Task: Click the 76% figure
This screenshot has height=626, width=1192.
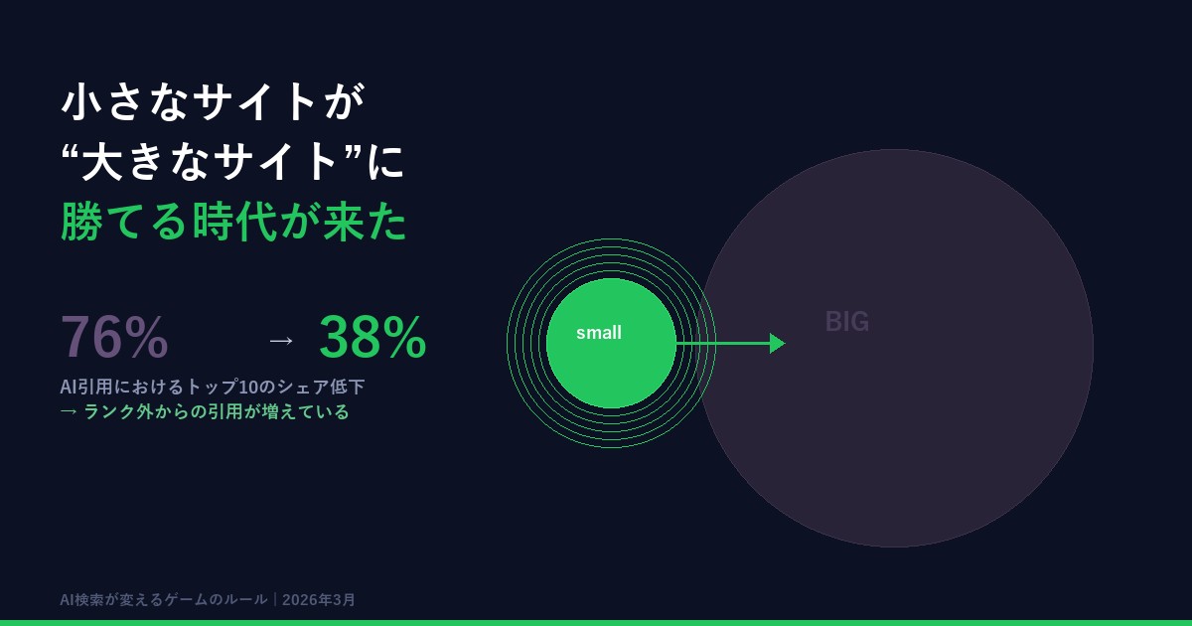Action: [x=114, y=338]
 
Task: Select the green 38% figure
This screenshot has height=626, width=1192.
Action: [x=372, y=338]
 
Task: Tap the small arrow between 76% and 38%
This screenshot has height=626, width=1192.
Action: [x=281, y=340]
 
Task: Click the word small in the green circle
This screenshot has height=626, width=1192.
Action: [x=599, y=333]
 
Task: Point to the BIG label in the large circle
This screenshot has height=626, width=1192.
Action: [x=847, y=322]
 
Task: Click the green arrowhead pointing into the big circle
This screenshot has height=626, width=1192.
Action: [x=777, y=343]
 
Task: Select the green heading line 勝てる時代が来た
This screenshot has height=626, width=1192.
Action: [x=233, y=222]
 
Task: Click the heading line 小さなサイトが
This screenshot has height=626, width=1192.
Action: [x=214, y=101]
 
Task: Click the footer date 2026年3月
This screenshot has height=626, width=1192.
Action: [x=319, y=600]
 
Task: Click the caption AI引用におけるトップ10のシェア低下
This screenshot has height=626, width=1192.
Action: [x=213, y=387]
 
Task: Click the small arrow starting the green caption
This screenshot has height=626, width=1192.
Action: [x=69, y=411]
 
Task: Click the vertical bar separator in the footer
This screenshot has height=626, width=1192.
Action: [x=275, y=600]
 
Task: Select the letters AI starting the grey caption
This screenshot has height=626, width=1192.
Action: [x=69, y=387]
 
